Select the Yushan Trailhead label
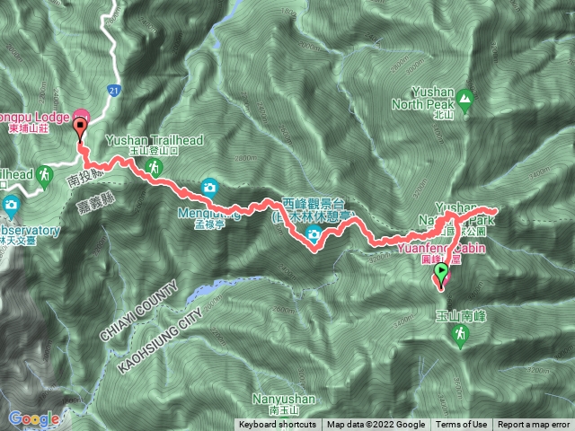tap(166, 140)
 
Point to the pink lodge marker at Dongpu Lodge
tap(81, 118)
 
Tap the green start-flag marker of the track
tap(441, 270)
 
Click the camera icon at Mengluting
tap(208, 187)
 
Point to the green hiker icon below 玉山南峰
tap(460, 334)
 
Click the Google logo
tap(33, 418)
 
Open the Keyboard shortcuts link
tap(277, 425)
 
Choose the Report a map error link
tap(534, 425)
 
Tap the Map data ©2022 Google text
tap(376, 425)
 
